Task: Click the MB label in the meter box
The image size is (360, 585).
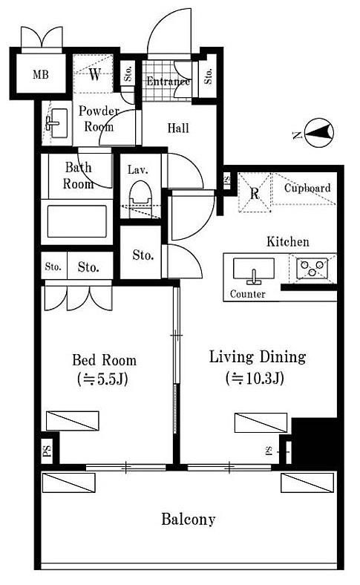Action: (41, 75)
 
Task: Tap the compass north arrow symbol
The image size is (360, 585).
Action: (319, 132)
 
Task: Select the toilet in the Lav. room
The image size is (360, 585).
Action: (140, 194)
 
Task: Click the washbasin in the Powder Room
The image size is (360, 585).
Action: (57, 122)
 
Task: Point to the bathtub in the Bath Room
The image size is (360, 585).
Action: (77, 221)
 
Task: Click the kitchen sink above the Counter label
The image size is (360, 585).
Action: (254, 269)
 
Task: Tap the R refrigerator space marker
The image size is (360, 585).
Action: (255, 194)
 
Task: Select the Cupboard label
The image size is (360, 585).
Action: (307, 189)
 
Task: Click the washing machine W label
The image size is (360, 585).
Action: (95, 74)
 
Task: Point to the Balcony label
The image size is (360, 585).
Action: (189, 520)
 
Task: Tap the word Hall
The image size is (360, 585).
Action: (178, 128)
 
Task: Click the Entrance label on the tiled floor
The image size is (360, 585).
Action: (168, 82)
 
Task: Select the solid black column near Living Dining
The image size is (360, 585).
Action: (315, 441)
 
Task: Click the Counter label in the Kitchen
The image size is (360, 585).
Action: (248, 294)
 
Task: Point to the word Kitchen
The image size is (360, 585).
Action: (287, 242)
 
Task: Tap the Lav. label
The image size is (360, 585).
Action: (138, 170)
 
